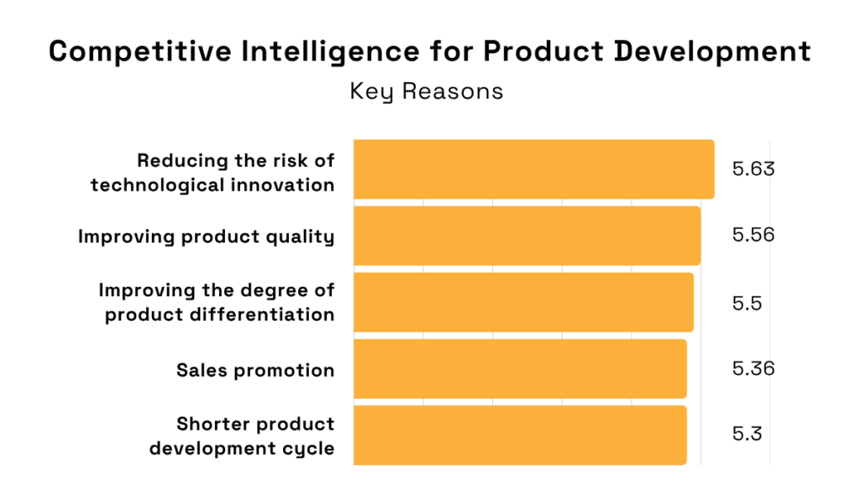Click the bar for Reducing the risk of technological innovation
tap(533, 170)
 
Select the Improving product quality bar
tap(527, 236)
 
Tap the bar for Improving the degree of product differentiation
tap(523, 302)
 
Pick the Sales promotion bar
tap(520, 368)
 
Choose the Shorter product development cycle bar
tap(520, 435)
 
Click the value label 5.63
tap(752, 170)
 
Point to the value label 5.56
tap(752, 235)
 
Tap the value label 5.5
tap(747, 304)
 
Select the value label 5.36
tap(752, 369)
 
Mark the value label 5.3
tap(747, 435)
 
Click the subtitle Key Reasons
tap(427, 91)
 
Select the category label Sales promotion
tap(255, 370)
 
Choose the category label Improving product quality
tap(207, 237)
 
